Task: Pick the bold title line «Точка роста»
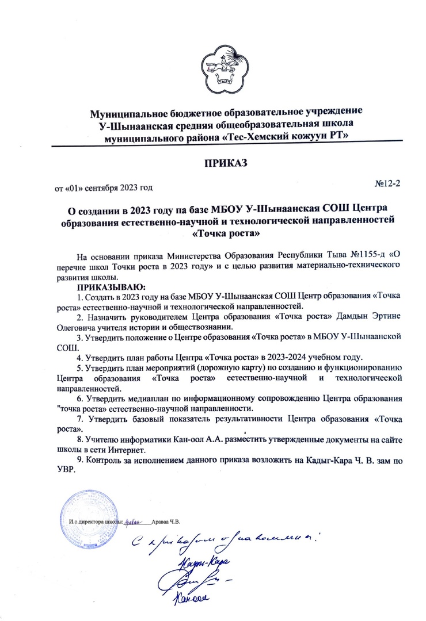(x=221, y=233)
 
